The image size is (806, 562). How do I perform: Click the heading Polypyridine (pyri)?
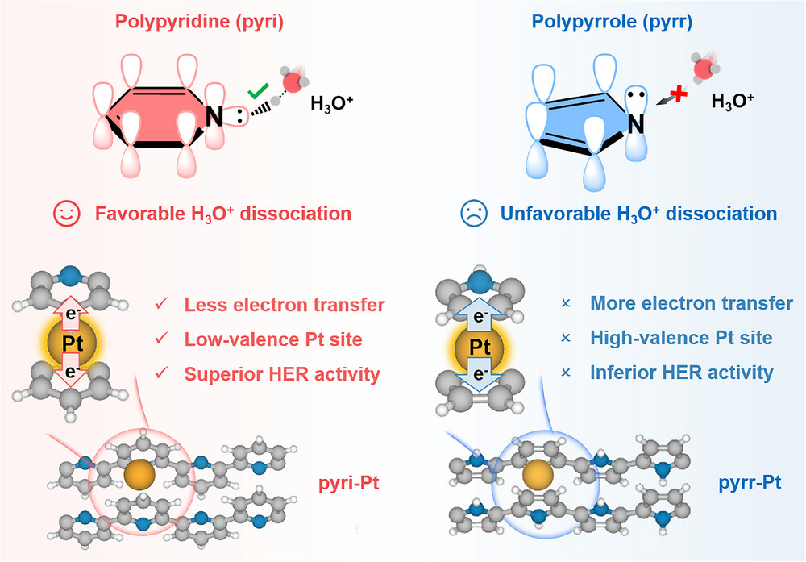[199, 22]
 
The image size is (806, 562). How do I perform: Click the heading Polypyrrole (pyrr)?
[613, 22]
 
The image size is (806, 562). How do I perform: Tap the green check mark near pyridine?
[258, 91]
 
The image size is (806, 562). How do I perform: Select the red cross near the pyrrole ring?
[679, 94]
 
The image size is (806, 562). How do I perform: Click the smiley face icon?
[67, 213]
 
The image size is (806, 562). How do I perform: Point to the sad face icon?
[473, 213]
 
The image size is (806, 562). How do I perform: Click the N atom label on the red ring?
[214, 117]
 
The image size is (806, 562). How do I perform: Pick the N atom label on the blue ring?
[636, 124]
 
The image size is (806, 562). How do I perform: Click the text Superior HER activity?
[282, 374]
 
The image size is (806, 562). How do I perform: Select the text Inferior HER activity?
[682, 373]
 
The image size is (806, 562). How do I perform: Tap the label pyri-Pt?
[349, 483]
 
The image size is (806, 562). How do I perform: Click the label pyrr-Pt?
[750, 482]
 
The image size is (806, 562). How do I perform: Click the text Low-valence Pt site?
[273, 339]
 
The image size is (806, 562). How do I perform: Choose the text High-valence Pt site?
[681, 338]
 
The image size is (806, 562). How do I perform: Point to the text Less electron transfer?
[285, 305]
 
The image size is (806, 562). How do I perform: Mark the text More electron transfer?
[692, 303]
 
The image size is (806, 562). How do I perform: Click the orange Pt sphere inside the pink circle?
[139, 474]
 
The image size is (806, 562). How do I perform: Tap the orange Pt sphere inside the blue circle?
[538, 474]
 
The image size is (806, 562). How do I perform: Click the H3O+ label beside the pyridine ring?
[331, 103]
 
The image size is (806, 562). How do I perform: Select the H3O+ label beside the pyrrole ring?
[733, 101]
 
